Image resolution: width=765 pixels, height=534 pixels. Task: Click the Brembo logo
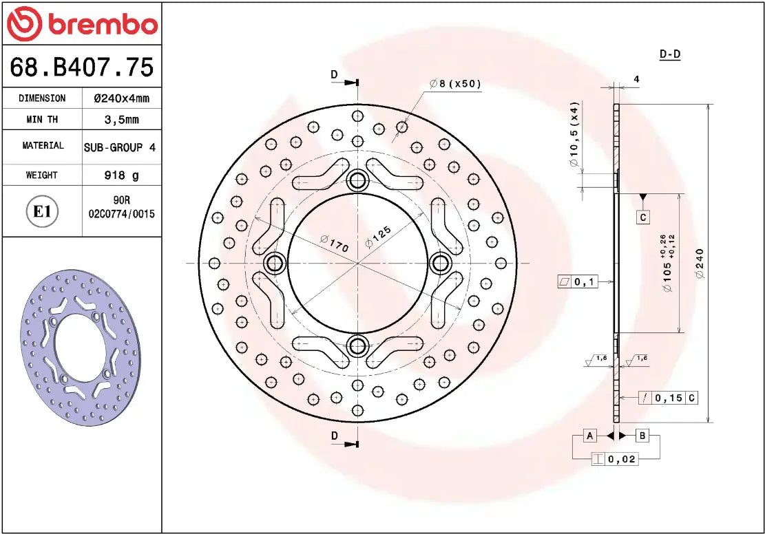(x=82, y=24)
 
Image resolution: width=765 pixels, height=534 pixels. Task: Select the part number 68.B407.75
(x=82, y=67)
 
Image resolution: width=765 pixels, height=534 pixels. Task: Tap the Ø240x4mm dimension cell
(x=121, y=98)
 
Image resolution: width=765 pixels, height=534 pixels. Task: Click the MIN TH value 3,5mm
(x=121, y=120)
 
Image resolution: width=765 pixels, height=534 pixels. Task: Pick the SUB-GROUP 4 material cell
(x=120, y=147)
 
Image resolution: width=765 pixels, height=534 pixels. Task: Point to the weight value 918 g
(x=121, y=175)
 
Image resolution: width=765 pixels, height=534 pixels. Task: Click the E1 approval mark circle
(x=42, y=211)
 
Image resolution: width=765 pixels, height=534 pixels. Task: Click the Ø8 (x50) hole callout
(x=455, y=84)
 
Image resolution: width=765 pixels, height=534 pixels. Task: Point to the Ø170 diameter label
(x=335, y=243)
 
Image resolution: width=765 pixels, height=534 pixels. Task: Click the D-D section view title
(x=669, y=54)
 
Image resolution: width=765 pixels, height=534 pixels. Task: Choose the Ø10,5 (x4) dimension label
(x=574, y=135)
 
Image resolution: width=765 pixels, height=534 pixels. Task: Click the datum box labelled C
(x=642, y=217)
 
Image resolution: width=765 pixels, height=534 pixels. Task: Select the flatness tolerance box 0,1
(x=578, y=281)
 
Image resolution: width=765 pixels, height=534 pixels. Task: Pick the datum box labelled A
(x=589, y=436)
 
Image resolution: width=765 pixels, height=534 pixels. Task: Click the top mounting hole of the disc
(x=357, y=181)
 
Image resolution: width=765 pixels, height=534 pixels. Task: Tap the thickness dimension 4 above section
(x=636, y=79)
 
